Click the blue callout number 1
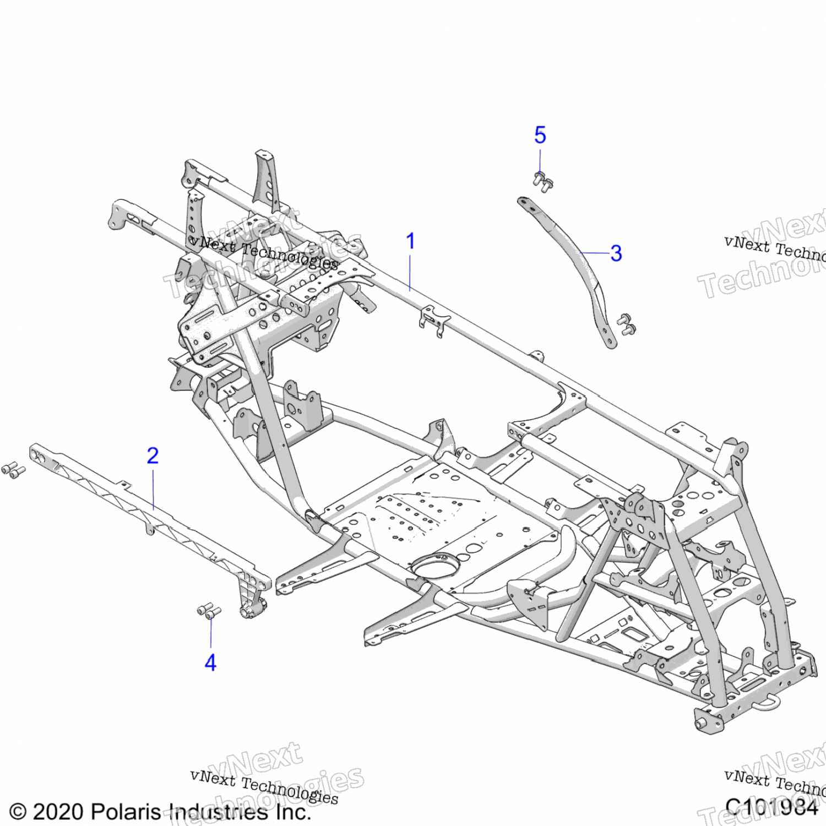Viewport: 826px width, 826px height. (410, 241)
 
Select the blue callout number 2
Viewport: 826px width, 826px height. (153, 455)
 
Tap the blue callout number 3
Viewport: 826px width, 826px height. (616, 253)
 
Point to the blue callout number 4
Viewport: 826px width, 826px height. (210, 662)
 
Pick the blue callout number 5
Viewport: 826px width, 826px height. (540, 135)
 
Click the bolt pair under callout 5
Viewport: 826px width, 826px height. (542, 182)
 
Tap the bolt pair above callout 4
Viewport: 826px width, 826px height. (209, 611)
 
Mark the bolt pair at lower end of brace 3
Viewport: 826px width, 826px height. (626, 324)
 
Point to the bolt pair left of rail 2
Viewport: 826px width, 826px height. (13, 470)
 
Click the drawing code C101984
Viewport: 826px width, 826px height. (771, 807)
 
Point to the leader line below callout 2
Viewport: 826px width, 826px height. (153, 487)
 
